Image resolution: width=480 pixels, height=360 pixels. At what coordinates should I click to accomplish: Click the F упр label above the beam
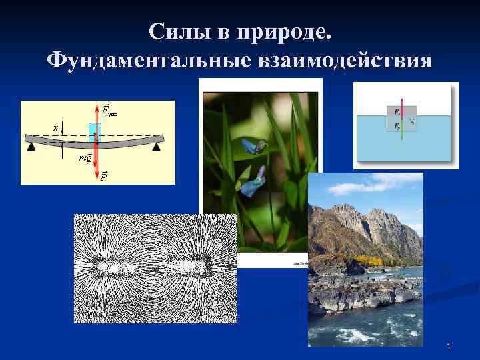click(x=109, y=109)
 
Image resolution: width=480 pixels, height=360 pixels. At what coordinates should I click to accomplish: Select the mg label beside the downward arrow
click(x=85, y=157)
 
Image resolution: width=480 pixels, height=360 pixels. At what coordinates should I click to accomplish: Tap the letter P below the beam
click(x=104, y=176)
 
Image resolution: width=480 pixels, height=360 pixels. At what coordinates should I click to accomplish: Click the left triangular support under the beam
click(x=31, y=147)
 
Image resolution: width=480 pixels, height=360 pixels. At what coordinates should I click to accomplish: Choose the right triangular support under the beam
click(x=157, y=147)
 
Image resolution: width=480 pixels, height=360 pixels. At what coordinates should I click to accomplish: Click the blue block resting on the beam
click(x=95, y=131)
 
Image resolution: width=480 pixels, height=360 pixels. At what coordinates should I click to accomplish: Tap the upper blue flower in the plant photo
click(x=252, y=144)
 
